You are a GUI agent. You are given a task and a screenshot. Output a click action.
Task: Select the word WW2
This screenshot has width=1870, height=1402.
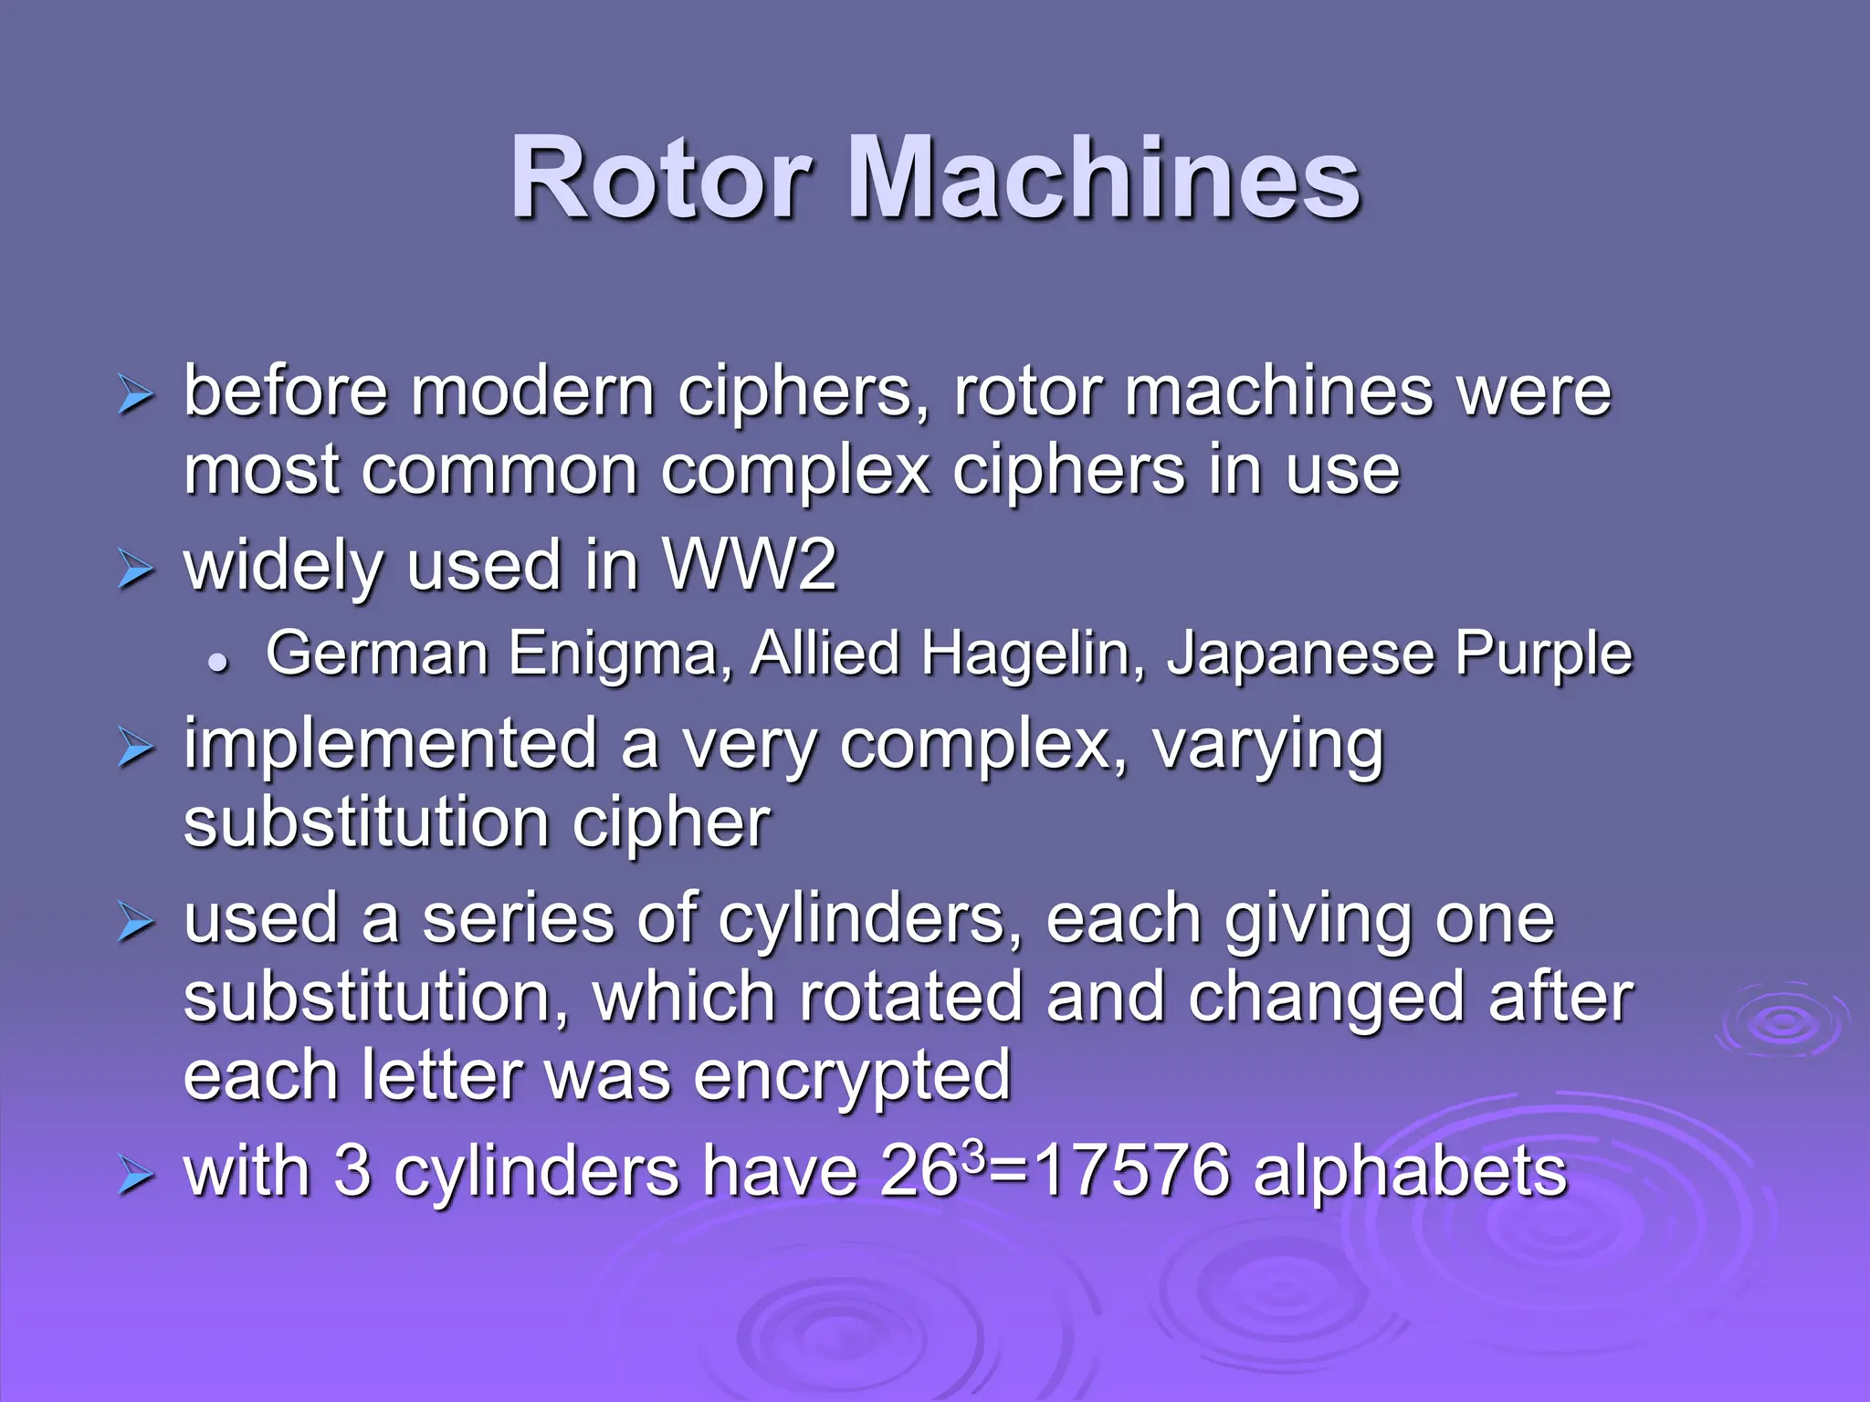(749, 565)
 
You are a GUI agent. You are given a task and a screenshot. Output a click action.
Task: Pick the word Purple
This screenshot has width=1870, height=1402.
(1543, 655)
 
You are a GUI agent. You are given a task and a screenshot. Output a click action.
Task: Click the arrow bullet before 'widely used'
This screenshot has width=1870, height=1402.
(136, 570)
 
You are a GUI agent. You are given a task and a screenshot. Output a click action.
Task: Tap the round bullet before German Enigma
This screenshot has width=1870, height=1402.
(217, 663)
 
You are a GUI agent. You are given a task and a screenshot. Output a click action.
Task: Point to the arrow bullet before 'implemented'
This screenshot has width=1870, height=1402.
(136, 748)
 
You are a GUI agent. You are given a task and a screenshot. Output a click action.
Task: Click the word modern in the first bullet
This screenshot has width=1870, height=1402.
(532, 392)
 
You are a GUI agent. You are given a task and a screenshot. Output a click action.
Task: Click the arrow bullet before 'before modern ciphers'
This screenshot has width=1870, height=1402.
(136, 396)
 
